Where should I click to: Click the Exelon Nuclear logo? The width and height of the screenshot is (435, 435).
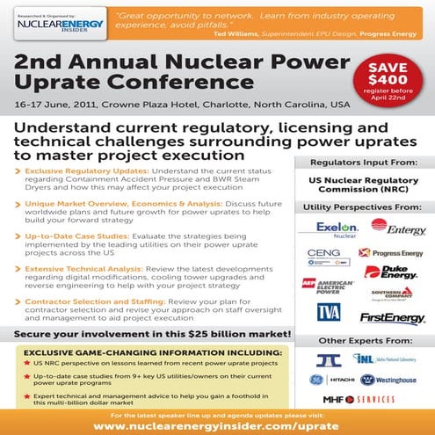pyautogui.click(x=331, y=228)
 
